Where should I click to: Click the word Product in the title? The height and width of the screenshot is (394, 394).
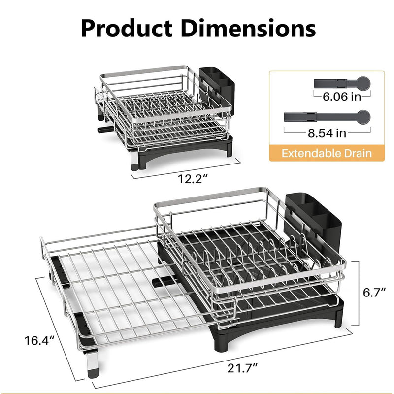point(127,28)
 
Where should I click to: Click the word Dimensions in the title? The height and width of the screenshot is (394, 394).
point(248,28)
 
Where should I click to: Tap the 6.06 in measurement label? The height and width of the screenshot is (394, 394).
point(342,97)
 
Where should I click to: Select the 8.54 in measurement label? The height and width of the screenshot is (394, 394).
point(327,133)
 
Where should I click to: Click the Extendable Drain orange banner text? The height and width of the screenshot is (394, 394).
point(327,153)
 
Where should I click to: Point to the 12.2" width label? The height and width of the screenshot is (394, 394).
point(193,179)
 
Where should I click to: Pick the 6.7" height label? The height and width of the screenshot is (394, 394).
point(374,293)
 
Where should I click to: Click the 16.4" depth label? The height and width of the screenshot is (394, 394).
point(39,341)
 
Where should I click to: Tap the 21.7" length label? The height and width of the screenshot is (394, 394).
point(242,368)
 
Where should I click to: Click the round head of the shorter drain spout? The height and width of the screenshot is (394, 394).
point(363,83)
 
